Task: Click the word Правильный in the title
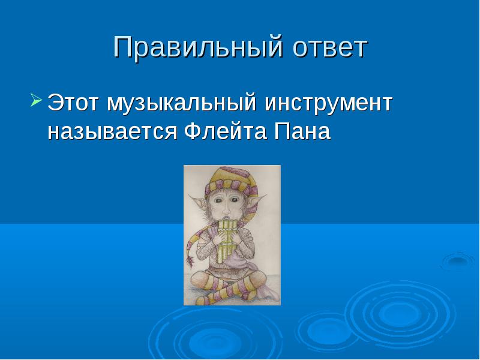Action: [198, 47]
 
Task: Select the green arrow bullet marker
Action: [36, 100]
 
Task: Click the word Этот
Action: [73, 103]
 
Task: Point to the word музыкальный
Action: [182, 104]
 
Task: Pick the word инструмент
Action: [328, 104]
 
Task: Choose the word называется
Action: [112, 132]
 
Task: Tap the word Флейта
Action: [226, 131]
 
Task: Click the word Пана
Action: [302, 131]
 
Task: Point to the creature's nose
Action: [226, 211]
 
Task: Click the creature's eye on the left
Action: [218, 200]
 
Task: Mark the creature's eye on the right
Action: [235, 200]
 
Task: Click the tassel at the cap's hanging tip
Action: [190, 260]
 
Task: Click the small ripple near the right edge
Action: [458, 260]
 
